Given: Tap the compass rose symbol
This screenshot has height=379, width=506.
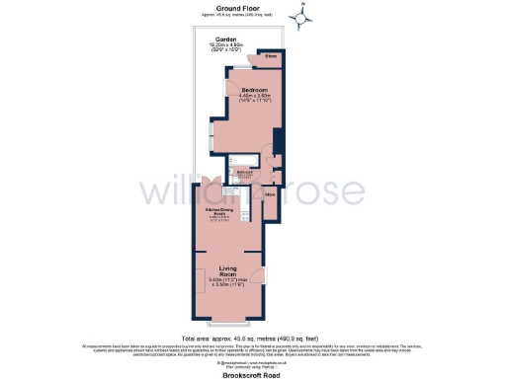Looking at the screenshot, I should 303,17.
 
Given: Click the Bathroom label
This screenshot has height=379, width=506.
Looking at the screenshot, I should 243,172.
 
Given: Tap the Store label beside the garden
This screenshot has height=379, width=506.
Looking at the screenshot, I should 272,57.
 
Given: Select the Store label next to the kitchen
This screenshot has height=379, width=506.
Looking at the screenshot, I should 268,194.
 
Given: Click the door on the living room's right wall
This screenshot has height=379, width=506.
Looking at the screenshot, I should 264,276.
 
